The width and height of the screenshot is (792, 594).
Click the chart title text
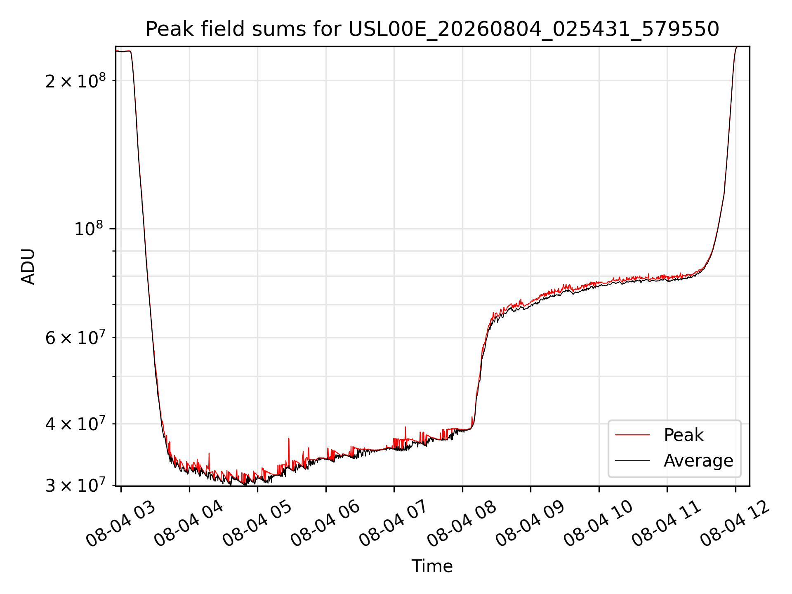pyautogui.click(x=432, y=29)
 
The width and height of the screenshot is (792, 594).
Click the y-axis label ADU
pyautogui.click(x=28, y=266)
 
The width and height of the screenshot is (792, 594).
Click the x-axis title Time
pyautogui.click(x=432, y=566)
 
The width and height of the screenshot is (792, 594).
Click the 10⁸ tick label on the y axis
pyautogui.click(x=90, y=228)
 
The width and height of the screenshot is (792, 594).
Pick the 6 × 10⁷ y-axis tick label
pyautogui.click(x=75, y=337)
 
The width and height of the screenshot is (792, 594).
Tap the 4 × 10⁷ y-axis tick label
pyautogui.click(x=75, y=423)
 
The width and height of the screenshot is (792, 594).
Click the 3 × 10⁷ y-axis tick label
pyautogui.click(x=75, y=485)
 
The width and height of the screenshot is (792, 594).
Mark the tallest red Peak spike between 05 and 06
pyautogui.click(x=289, y=439)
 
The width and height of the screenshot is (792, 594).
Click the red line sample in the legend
pyautogui.click(x=632, y=435)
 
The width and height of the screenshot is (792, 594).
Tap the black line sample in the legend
pyautogui.click(x=632, y=461)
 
